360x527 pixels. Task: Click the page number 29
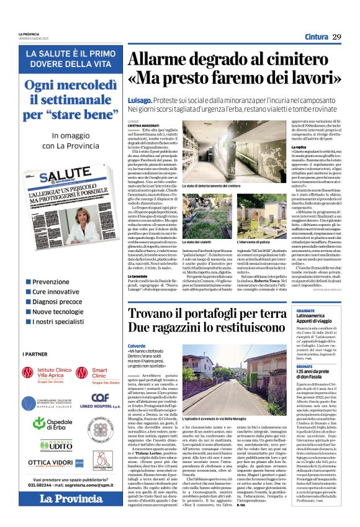click(336, 37)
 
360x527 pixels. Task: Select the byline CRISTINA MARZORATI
click(143, 126)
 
